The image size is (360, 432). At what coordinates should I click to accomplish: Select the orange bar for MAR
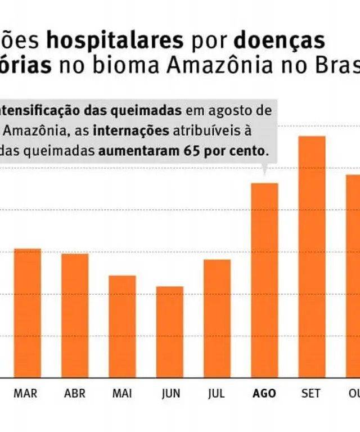point(28,313)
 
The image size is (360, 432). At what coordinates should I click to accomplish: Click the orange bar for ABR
point(75,316)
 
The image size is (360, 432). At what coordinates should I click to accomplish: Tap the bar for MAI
point(122,326)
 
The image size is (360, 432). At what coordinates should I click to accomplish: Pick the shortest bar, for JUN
point(170,332)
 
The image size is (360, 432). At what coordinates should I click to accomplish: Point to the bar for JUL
point(217,318)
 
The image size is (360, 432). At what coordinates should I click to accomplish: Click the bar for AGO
point(264,280)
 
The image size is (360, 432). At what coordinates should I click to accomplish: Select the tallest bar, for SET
point(312,256)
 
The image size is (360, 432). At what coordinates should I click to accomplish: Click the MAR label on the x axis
point(25,394)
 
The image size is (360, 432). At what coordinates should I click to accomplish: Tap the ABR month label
point(75,394)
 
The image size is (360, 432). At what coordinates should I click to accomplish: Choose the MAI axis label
point(122,394)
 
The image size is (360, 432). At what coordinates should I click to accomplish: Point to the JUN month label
point(170,394)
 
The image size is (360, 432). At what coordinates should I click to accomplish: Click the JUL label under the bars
point(217,394)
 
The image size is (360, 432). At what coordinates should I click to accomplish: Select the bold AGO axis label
point(264,394)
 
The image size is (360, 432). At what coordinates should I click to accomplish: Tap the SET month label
point(310,394)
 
